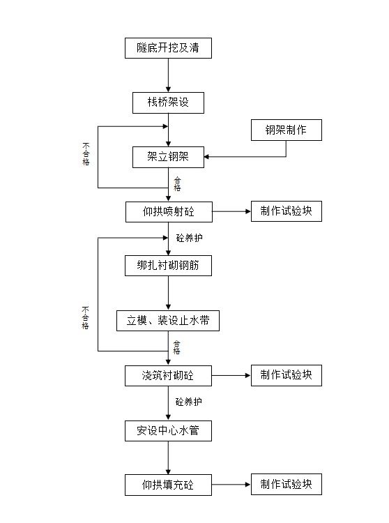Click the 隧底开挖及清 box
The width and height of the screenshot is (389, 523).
[168, 48]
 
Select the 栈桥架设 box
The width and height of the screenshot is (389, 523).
[168, 103]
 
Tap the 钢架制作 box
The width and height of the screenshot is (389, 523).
[287, 130]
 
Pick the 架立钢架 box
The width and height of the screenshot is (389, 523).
[168, 157]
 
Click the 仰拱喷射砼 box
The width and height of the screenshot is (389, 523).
[169, 212]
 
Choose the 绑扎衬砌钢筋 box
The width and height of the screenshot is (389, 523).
[168, 266]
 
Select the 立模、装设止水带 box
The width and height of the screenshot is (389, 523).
[168, 321]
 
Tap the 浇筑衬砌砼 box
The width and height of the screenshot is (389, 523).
[168, 376]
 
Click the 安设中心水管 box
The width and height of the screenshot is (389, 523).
[168, 431]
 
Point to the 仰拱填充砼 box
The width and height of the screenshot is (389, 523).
[168, 485]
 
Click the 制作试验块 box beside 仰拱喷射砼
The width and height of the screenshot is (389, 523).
[287, 211]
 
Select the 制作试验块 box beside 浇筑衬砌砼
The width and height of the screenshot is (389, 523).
[287, 375]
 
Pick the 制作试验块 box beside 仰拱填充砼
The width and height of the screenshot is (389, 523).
[287, 484]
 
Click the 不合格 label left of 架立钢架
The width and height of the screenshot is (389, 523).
[86, 154]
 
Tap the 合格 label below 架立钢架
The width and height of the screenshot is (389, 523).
[177, 184]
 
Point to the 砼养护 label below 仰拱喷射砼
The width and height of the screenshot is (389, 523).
[189, 238]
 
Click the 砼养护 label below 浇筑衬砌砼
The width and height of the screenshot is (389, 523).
[189, 402]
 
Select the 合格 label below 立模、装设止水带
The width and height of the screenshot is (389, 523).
[176, 347]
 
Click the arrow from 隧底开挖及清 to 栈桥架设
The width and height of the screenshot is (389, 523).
[168, 75]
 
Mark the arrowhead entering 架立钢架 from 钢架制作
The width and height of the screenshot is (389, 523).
[206, 157]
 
